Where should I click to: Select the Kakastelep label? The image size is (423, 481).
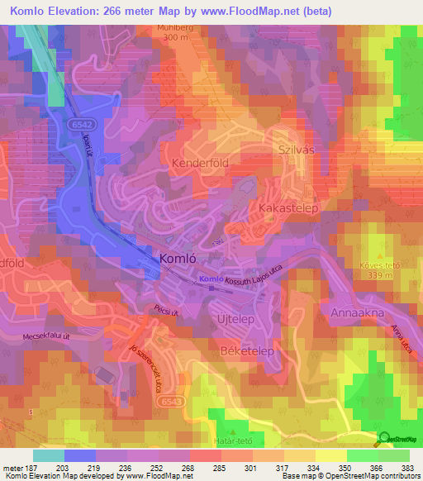tap(289, 209)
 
